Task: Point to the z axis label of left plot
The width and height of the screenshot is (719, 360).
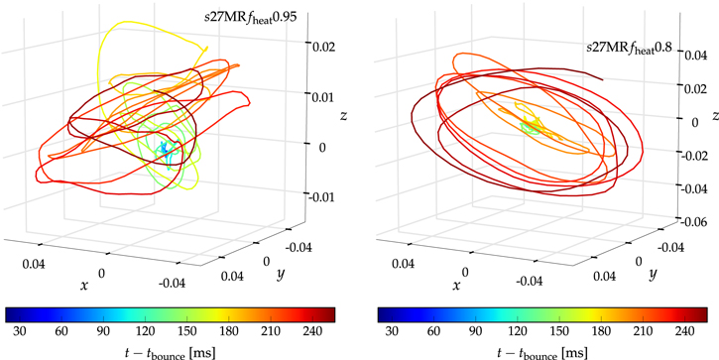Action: pos(342,116)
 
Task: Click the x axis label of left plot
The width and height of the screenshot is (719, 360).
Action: pos(83,286)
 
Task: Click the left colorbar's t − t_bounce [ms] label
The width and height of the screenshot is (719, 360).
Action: pos(171,350)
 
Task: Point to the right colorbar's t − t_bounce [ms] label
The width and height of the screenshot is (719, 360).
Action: pos(543,350)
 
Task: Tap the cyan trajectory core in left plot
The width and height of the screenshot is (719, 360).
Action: pos(169,151)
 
